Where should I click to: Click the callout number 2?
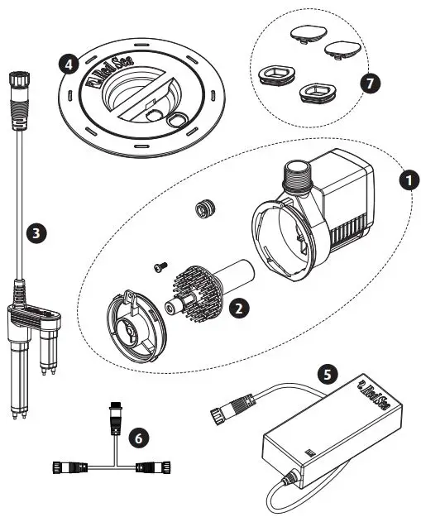(x=238, y=308)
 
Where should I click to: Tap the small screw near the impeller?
(x=160, y=267)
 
